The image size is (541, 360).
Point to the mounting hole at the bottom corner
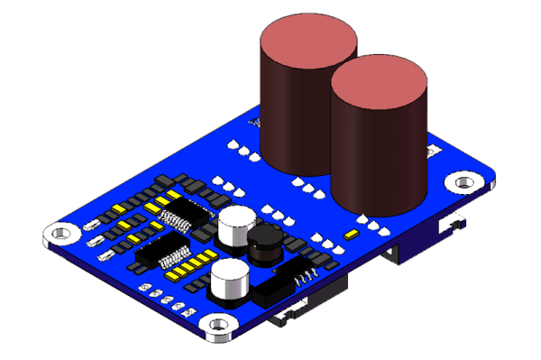click(217, 325)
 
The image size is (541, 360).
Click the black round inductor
click(265, 245)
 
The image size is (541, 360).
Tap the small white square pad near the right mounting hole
click(433, 149)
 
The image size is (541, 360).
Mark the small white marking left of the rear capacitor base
click(253, 121)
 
